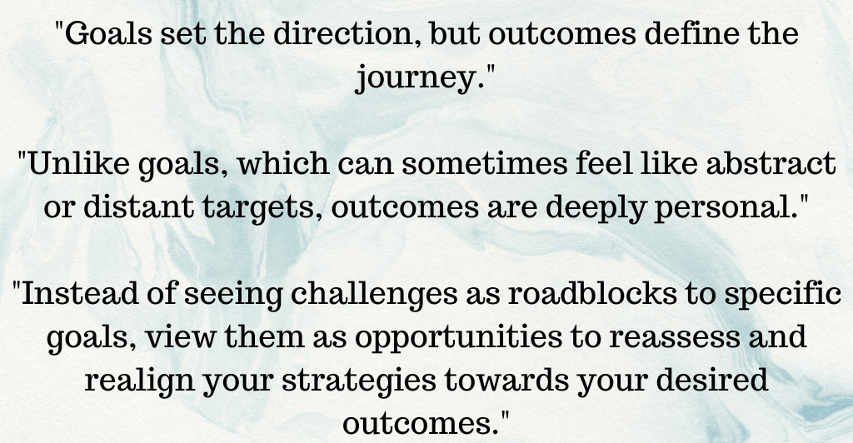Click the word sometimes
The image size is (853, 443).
484,163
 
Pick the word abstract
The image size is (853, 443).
771,163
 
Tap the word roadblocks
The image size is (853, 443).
592,294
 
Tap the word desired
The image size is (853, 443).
712,381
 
